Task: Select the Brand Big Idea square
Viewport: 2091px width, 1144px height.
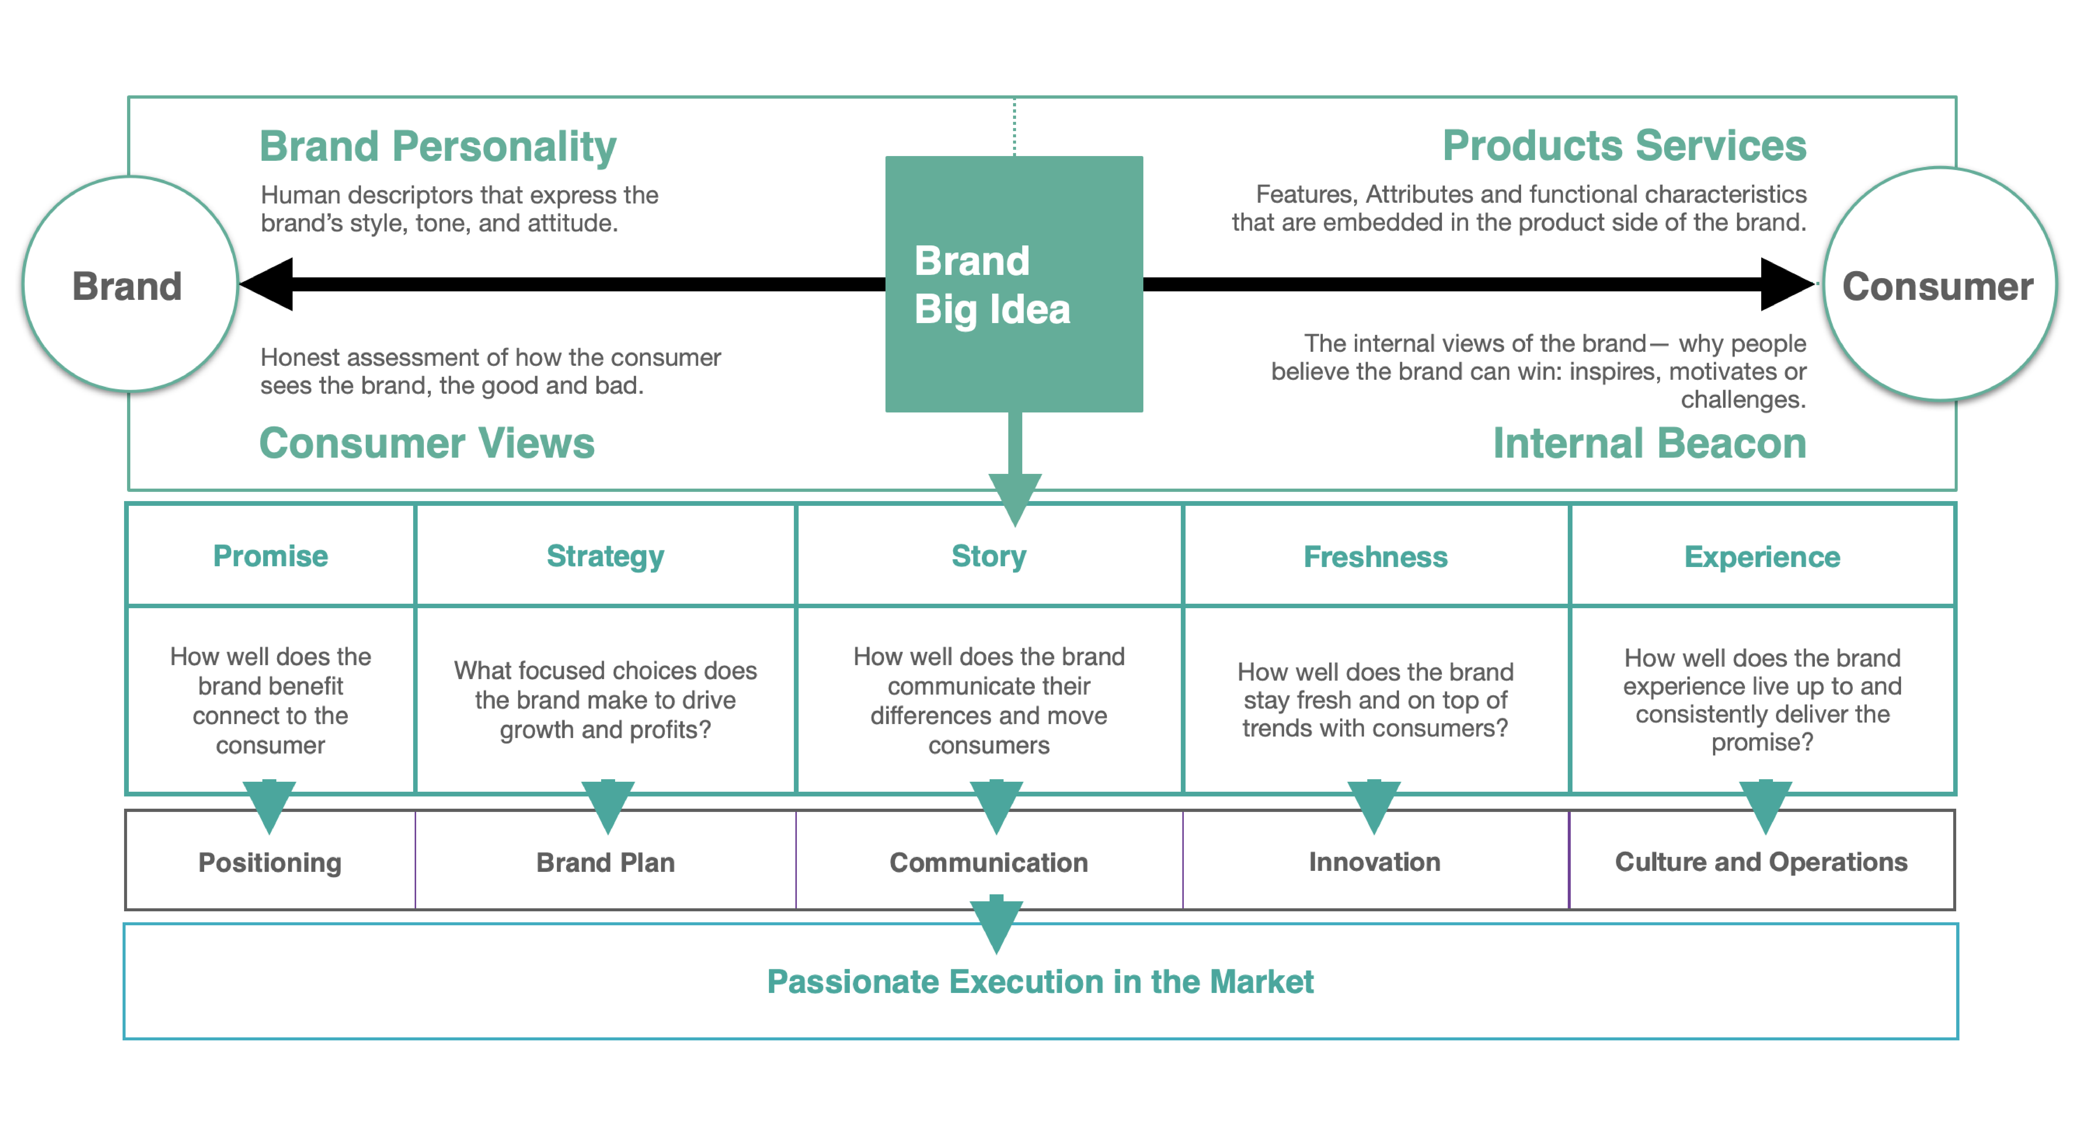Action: click(x=1014, y=284)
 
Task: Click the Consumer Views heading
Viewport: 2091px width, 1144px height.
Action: click(x=427, y=443)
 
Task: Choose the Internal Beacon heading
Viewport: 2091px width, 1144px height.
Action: click(x=1649, y=443)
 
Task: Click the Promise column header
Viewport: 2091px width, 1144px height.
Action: click(x=270, y=556)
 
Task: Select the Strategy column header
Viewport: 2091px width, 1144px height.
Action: click(x=605, y=556)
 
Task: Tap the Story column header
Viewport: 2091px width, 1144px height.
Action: click(x=989, y=556)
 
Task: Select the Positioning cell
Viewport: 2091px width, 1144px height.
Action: click(x=270, y=862)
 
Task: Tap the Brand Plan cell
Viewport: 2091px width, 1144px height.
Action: click(x=605, y=862)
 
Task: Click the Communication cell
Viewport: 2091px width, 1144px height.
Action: click(x=989, y=862)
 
